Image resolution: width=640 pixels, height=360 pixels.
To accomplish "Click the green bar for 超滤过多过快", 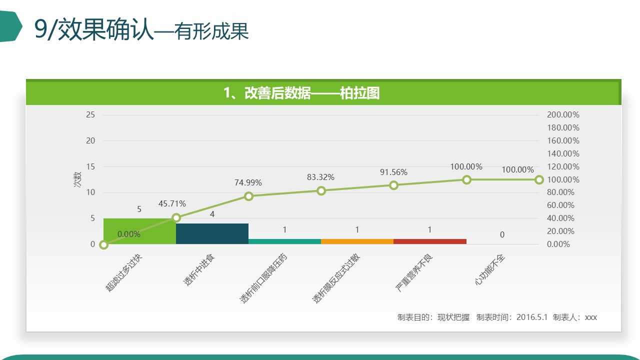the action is tap(139, 231).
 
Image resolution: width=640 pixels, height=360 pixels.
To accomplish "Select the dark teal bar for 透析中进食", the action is tap(212, 233).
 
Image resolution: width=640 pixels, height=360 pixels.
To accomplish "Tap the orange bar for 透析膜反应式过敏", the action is tap(357, 241).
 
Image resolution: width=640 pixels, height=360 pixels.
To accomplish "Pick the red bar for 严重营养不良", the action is tap(430, 241).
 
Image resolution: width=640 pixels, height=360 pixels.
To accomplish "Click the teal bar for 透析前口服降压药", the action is tap(285, 241).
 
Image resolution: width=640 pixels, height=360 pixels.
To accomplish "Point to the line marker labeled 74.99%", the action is tap(249, 196).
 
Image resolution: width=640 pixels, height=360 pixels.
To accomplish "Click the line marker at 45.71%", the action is tap(176, 217).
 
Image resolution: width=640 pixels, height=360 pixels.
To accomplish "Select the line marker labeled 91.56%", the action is tap(393, 185).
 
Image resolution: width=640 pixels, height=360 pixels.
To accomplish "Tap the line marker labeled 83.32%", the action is tap(321, 191).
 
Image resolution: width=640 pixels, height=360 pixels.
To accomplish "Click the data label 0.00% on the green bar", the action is tap(129, 234).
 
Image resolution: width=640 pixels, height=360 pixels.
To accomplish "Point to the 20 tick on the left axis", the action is tap(90, 140).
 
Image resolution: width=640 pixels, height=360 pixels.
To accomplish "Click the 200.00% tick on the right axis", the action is tap(563, 114).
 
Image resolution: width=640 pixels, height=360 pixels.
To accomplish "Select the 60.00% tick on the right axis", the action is tap(560, 205).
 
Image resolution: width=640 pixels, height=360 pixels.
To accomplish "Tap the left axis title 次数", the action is tap(77, 179).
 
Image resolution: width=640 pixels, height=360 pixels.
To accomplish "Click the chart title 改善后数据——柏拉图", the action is tap(312, 93).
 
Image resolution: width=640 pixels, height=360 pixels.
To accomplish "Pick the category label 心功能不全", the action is tap(489, 269).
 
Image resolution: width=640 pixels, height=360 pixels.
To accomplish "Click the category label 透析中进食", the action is tap(199, 269).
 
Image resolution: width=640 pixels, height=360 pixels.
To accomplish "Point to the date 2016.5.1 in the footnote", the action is tap(531, 317).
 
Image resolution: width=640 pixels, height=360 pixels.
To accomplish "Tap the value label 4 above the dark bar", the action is tap(212, 214).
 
